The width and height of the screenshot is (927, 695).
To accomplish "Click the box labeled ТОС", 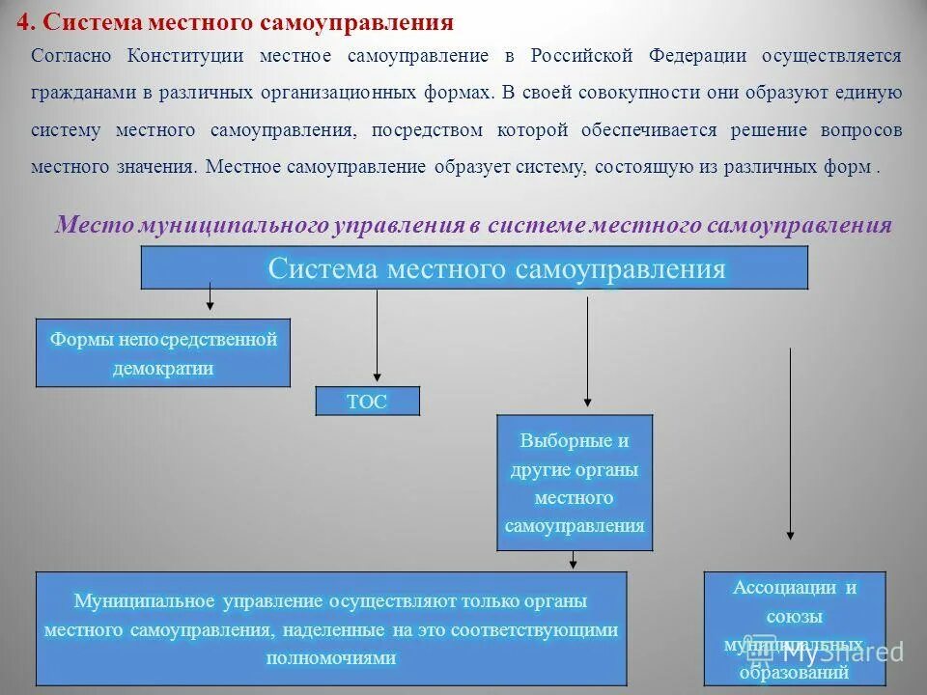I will pos(367,402).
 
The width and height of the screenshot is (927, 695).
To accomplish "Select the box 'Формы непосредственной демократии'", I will pos(162,353).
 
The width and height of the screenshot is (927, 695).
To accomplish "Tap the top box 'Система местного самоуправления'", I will pos(474,268).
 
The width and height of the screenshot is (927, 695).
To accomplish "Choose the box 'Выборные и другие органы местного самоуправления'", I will pos(574,483).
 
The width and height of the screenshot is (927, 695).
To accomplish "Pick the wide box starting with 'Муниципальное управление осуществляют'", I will pos(330,628).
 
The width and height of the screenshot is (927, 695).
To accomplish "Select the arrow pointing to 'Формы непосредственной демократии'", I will pos(210,296).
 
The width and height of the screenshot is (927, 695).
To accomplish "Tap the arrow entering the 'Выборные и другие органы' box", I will pos(587,351).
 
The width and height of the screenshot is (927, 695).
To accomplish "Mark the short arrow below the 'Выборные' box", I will pos(574,560).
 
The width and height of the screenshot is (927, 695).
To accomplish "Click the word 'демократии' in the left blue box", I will pos(162,368).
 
